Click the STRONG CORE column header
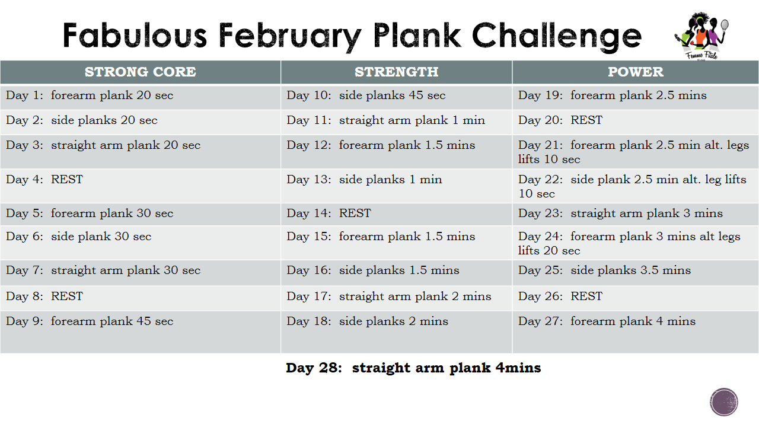click(141, 72)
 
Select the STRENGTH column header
click(397, 72)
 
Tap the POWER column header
click(635, 72)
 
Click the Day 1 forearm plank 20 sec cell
click(141, 98)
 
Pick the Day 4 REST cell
click(141, 186)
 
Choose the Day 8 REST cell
click(141, 298)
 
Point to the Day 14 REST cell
click(397, 215)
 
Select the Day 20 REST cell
click(635, 122)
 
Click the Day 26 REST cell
click(635, 298)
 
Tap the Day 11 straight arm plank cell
click(397, 122)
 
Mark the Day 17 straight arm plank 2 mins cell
click(397, 298)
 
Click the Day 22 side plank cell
click(635, 186)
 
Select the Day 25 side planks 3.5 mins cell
click(635, 273)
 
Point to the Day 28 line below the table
click(413, 368)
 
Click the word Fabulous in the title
click(135, 35)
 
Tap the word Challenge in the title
click(557, 37)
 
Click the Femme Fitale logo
click(701, 36)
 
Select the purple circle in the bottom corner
click(724, 402)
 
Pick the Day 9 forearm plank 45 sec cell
click(141, 332)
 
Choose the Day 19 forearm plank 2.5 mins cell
click(635, 98)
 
